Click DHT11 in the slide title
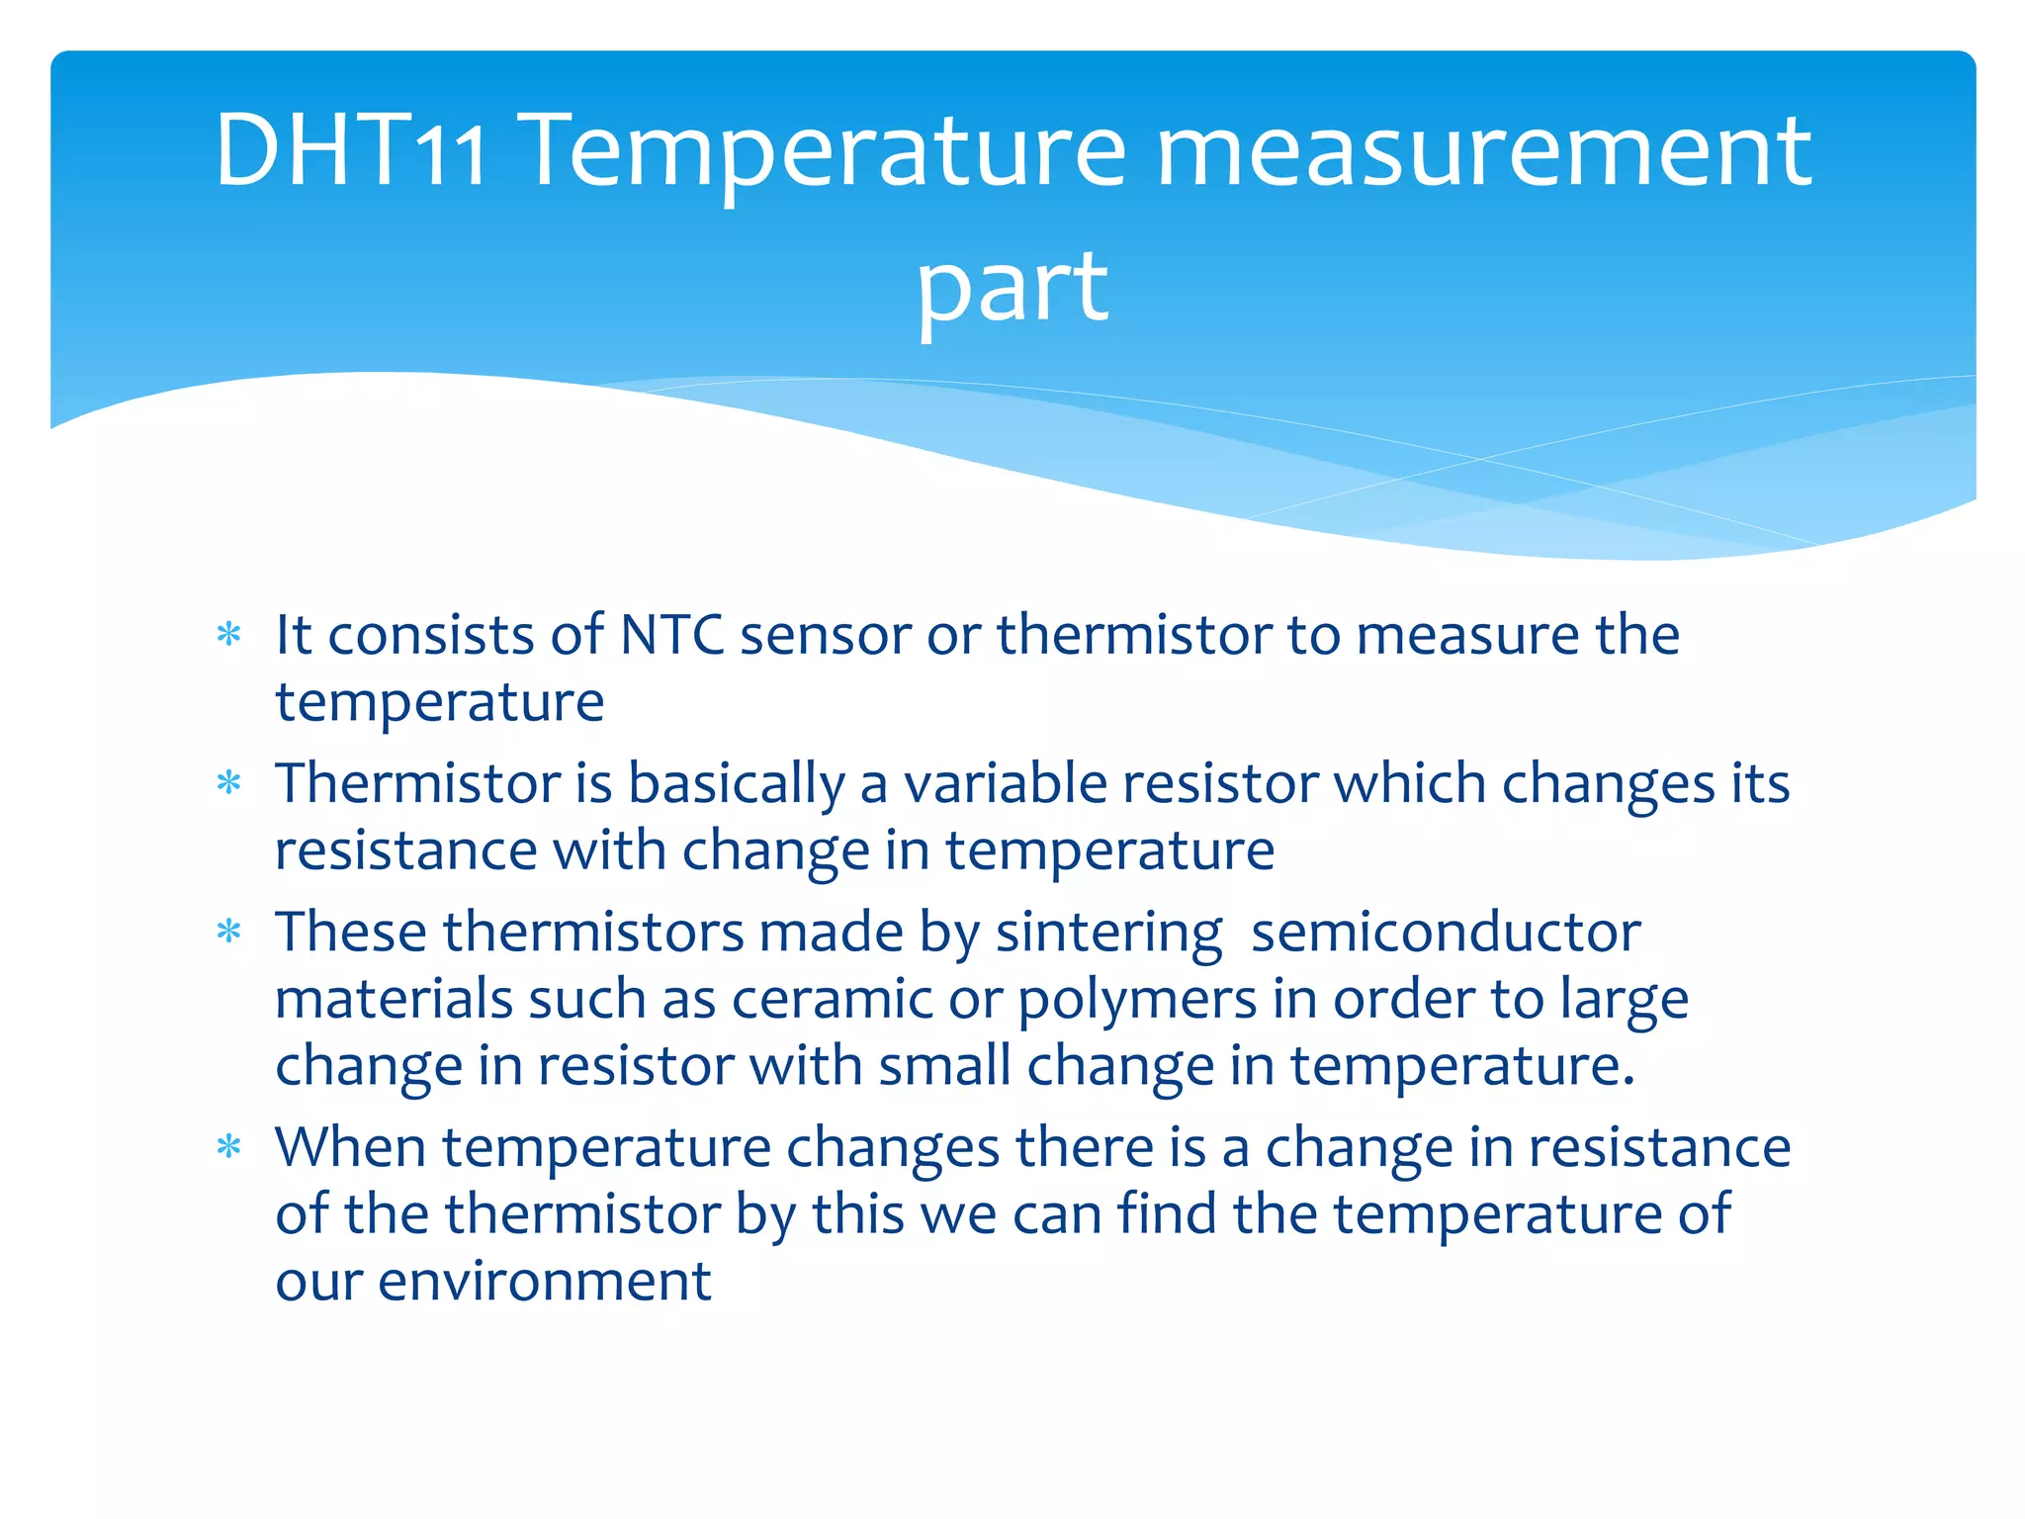tap(350, 150)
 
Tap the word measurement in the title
tap(1483, 150)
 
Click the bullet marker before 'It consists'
tap(229, 635)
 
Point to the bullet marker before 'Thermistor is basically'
tap(229, 784)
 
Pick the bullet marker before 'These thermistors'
tap(229, 933)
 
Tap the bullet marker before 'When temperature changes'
tap(229, 1148)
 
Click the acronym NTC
tap(671, 635)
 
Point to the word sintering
tap(1108, 933)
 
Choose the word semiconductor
tap(1446, 933)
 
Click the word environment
tap(544, 1282)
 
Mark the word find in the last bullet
tap(1167, 1213)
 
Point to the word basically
tap(737, 784)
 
